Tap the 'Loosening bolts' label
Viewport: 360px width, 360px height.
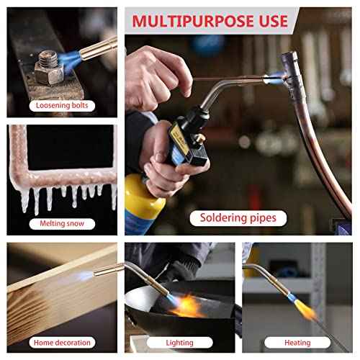click(x=62, y=106)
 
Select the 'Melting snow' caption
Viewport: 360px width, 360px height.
click(x=62, y=224)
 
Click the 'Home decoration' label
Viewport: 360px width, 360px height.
click(x=62, y=342)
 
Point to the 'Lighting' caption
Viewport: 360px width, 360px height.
click(x=181, y=343)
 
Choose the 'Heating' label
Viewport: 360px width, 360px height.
click(x=297, y=343)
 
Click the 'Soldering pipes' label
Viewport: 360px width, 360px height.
click(x=238, y=217)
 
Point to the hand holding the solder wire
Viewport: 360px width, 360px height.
click(x=155, y=72)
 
